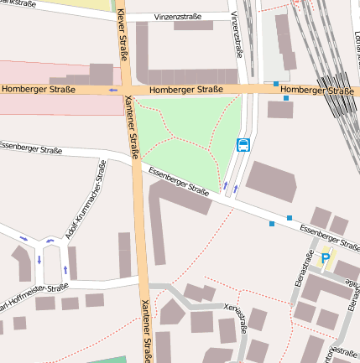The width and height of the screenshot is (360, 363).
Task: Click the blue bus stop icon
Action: [x=243, y=144]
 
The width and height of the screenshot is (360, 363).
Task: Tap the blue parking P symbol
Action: [x=326, y=259]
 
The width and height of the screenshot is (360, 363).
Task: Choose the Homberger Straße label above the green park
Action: [x=186, y=90]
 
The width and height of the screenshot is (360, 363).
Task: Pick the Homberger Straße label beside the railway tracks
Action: [x=316, y=90]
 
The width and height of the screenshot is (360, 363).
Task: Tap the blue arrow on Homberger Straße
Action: [x=112, y=90]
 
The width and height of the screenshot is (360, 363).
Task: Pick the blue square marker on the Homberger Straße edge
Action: [x=276, y=84]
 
